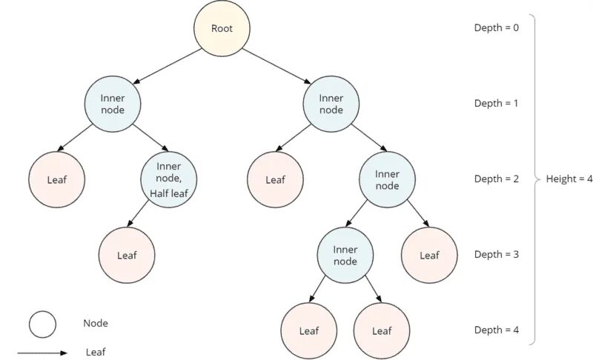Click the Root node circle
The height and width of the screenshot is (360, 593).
222,29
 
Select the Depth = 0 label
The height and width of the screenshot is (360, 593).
497,27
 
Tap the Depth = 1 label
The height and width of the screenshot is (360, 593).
497,103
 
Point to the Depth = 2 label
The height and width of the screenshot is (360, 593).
497,179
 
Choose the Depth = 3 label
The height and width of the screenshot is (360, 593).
497,254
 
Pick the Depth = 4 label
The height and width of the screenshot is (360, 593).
497,330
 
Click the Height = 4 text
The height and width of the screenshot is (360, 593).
569,179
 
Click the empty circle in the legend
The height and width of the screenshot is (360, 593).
42,324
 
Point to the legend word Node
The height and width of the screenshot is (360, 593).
96,323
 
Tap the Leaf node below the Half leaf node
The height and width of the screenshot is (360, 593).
127,256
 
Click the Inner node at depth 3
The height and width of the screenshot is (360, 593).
345,254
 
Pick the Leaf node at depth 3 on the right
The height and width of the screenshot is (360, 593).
429,256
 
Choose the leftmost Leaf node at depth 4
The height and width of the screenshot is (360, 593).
309,331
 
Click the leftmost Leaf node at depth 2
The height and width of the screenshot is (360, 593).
57,179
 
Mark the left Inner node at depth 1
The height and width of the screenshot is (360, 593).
112,103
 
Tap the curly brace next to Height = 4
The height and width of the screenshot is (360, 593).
535,179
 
